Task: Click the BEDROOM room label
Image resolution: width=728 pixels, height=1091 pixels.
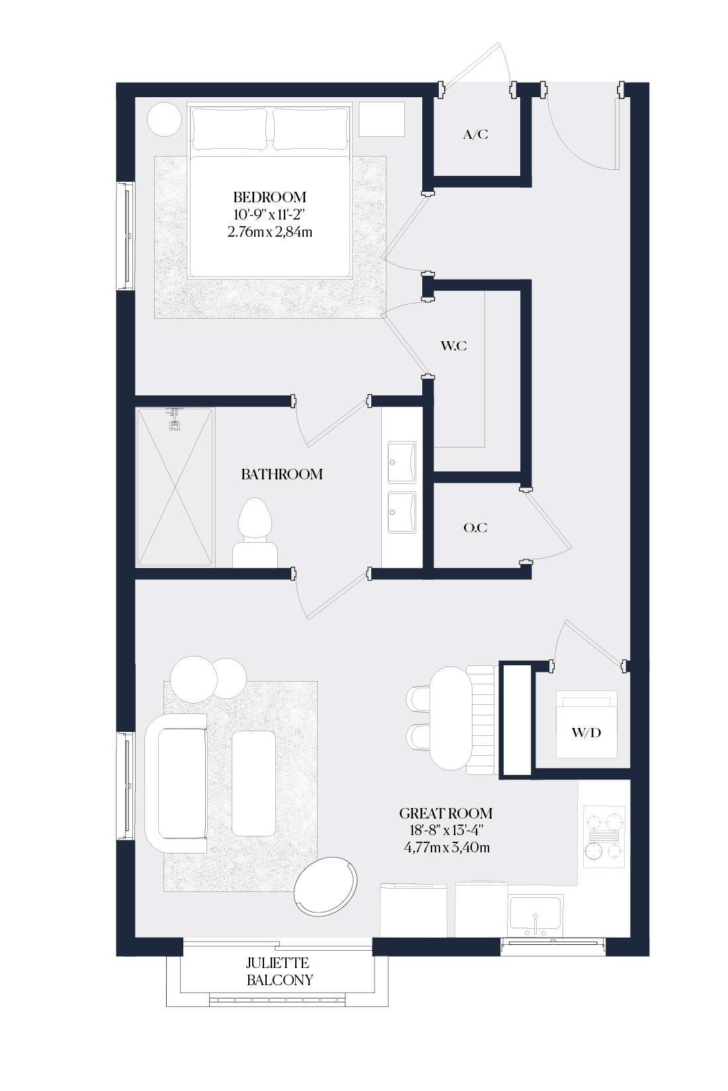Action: click(x=269, y=197)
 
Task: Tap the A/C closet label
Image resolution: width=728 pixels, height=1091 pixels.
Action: click(x=475, y=134)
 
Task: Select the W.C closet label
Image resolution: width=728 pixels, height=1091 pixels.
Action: click(x=453, y=346)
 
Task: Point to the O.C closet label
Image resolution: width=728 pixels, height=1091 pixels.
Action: click(x=475, y=528)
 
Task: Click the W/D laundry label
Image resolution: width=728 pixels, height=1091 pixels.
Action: click(x=586, y=732)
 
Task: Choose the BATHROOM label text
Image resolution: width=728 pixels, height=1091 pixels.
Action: click(x=282, y=474)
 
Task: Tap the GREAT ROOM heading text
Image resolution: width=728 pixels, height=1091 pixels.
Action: click(x=445, y=813)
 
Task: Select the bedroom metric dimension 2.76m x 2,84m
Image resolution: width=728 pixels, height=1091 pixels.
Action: click(x=269, y=232)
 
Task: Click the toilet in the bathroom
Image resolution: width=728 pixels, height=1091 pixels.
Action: click(x=255, y=532)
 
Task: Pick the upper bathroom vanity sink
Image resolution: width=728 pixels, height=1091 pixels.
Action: click(x=401, y=462)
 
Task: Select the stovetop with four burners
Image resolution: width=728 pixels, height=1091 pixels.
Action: click(x=605, y=836)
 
